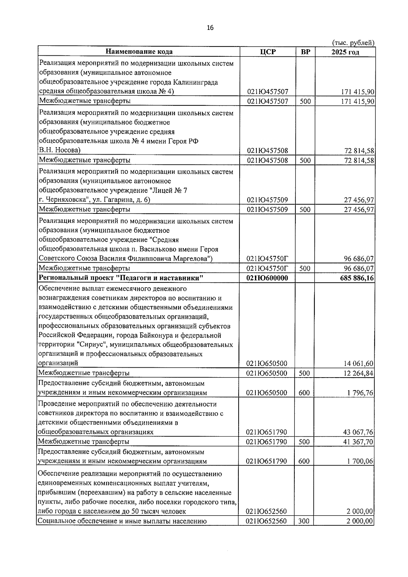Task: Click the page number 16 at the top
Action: point(210,28)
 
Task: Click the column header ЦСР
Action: point(268,52)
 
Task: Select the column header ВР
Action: point(305,52)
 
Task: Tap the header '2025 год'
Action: point(345,52)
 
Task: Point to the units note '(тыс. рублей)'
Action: point(353,43)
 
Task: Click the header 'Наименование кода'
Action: point(139,52)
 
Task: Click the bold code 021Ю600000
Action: point(268,278)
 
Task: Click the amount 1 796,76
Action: point(360,393)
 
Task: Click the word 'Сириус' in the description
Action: point(89,345)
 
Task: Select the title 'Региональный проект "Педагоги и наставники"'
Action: point(121,278)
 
